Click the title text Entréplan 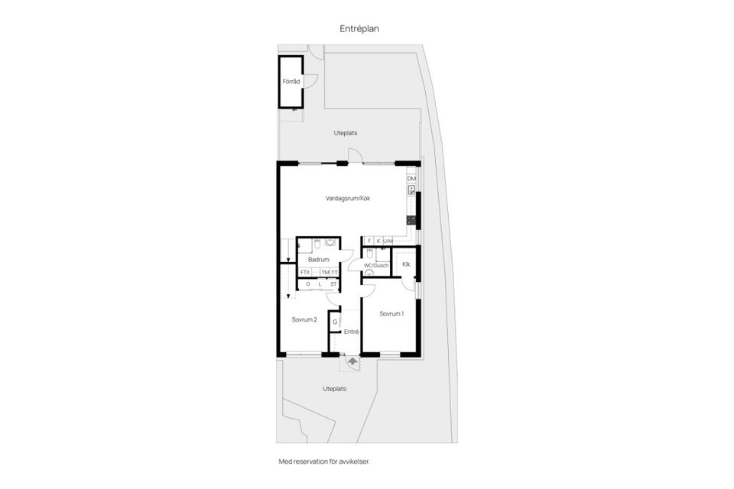359,28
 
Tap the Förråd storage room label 290,80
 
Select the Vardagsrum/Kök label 348,199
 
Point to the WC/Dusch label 375,265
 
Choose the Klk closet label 406,264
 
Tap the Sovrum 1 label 391,313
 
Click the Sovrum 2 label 304,319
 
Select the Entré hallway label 351,332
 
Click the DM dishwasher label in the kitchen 411,179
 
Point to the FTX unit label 305,273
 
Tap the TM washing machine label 325,273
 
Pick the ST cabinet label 333,284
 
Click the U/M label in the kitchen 388,241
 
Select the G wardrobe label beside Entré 334,322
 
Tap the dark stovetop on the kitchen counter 411,220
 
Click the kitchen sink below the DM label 411,190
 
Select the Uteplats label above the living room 346,133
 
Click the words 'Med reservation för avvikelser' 329,461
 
